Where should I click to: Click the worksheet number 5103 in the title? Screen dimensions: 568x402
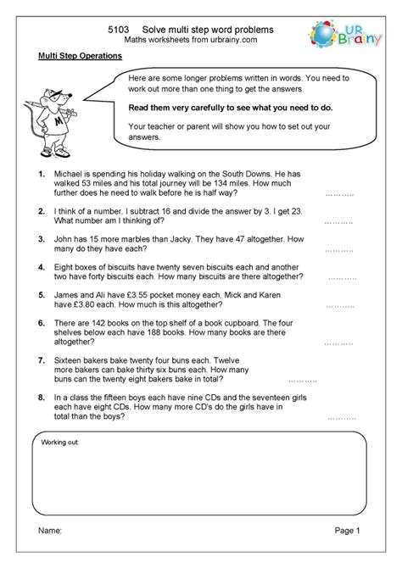[x=120, y=28]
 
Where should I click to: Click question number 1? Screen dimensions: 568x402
[x=42, y=174]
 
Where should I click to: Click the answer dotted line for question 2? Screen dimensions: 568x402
[x=338, y=221]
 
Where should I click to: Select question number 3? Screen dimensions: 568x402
[x=42, y=240]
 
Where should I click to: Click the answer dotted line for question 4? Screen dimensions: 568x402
[x=342, y=277]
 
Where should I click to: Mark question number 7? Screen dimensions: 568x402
[x=42, y=360]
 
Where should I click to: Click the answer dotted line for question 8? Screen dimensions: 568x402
[x=342, y=417]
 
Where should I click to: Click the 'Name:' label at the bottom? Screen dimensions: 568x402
[x=50, y=554]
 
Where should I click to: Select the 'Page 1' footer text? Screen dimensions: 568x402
[x=347, y=554]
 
